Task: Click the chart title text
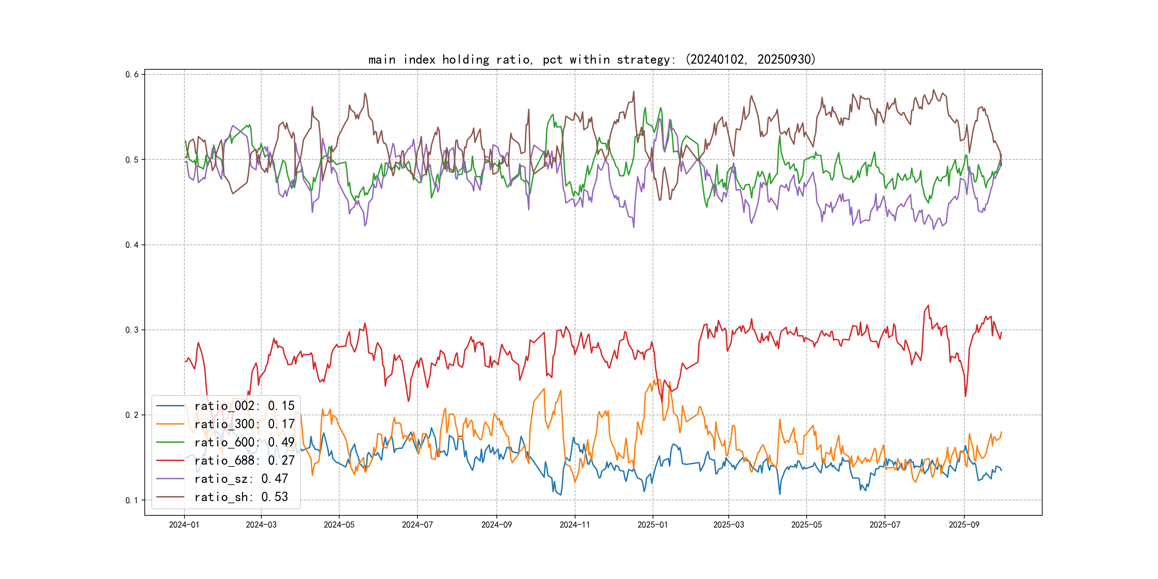(592, 59)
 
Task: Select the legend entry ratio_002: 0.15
(244, 406)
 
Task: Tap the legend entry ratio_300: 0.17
(244, 424)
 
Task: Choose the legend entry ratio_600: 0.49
(244, 442)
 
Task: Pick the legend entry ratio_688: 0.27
(244, 461)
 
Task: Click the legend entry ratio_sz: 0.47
(241, 479)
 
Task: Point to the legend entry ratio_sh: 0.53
(241, 497)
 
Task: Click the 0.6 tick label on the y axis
(132, 75)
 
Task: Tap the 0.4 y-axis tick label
(132, 245)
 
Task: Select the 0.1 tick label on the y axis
(132, 500)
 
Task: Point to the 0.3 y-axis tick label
(132, 330)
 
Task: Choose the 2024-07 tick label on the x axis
(417, 525)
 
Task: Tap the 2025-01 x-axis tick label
(652, 525)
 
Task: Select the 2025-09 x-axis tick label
(964, 525)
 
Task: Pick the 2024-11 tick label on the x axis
(574, 525)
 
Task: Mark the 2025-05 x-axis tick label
(806, 525)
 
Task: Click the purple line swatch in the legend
(170, 479)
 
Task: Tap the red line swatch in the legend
(170, 461)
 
